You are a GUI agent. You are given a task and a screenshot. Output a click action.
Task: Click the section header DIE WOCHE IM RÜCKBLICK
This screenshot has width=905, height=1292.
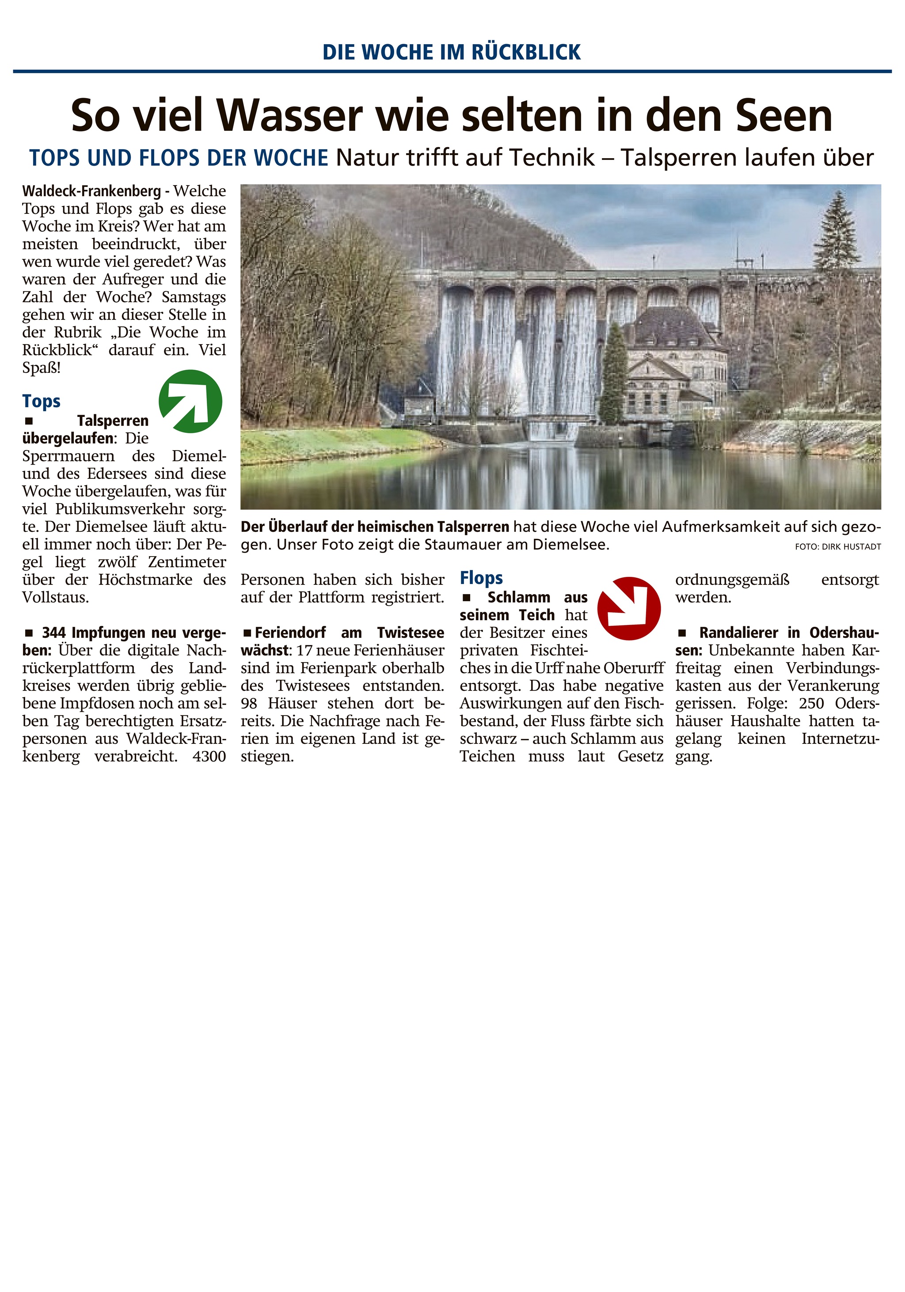451,52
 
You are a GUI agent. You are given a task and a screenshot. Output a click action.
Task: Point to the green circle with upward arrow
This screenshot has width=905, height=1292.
190,401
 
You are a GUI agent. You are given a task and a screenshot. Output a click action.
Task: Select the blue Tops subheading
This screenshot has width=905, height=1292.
41,401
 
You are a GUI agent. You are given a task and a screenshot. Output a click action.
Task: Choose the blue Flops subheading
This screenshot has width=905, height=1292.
481,578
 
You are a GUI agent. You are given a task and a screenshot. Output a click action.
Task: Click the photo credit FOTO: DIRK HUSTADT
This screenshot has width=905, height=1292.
837,546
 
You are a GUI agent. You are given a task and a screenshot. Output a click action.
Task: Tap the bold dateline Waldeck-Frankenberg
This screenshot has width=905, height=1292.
91,191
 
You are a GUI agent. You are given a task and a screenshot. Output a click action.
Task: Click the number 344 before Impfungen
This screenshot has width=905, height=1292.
53,633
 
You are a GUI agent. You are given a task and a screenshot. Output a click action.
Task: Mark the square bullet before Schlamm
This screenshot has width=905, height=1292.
466,598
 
